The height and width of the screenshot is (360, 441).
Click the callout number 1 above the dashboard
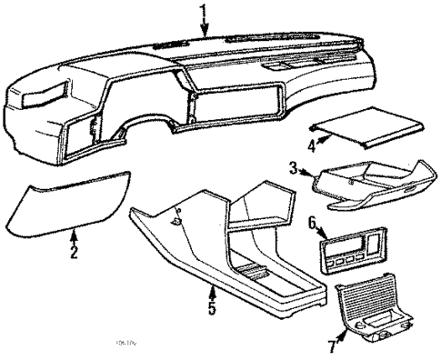coord(204,12)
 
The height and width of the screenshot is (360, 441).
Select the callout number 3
coord(294,166)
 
